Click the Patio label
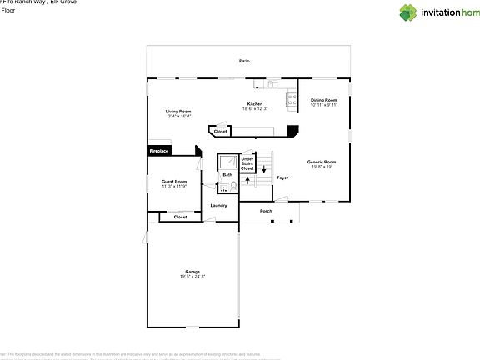(244, 62)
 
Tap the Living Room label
(178, 112)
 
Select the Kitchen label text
(254, 104)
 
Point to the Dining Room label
(323, 100)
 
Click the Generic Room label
(321, 162)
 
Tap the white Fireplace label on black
(159, 151)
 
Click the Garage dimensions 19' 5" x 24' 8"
(192, 276)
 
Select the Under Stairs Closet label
(247, 163)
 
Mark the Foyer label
(282, 177)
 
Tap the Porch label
(266, 211)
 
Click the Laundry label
(218, 205)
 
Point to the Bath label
(227, 175)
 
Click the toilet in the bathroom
(223, 187)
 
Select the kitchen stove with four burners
(292, 99)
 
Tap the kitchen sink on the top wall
(272, 83)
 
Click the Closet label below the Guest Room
(180, 217)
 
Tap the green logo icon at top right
(407, 12)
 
